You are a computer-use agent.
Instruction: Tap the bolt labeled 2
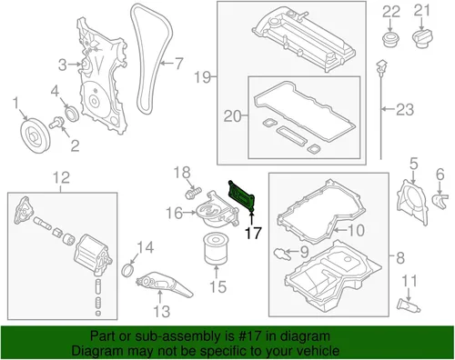pyautogui.click(x=56, y=123)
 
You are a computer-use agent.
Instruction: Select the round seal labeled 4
pyautogui.click(x=72, y=114)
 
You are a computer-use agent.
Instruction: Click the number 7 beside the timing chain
pyautogui.click(x=178, y=64)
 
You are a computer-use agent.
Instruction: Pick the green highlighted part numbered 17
pyautogui.click(x=242, y=196)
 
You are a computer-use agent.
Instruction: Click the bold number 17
pyautogui.click(x=253, y=233)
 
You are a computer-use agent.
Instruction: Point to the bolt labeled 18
pyautogui.click(x=193, y=192)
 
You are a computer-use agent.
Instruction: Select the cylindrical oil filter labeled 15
pyautogui.click(x=216, y=248)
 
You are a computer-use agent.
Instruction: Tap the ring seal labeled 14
pyautogui.click(x=128, y=270)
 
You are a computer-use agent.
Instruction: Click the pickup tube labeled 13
pyautogui.click(x=163, y=285)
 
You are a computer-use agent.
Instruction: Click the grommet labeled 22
pyautogui.click(x=391, y=39)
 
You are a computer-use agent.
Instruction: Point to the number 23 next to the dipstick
pyautogui.click(x=405, y=109)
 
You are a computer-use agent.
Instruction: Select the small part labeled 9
pyautogui.click(x=282, y=254)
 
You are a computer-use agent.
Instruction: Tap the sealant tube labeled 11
pyautogui.click(x=409, y=305)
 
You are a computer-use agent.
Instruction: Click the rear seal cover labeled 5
pyautogui.click(x=412, y=202)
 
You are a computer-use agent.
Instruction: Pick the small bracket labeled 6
pyautogui.click(x=440, y=201)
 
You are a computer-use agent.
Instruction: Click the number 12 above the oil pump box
pyautogui.click(x=62, y=178)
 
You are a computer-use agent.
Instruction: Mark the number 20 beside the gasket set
pyautogui.click(x=232, y=116)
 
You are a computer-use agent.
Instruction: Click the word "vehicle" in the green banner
pyautogui.click(x=317, y=351)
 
